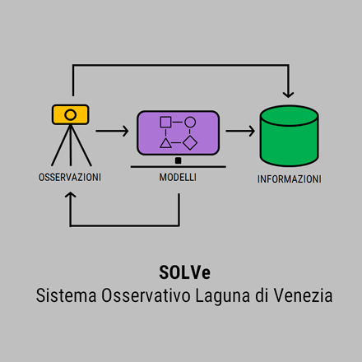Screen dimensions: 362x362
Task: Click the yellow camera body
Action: click(71, 114)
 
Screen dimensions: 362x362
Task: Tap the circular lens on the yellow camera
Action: click(71, 114)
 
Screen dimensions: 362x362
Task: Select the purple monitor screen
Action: click(179, 133)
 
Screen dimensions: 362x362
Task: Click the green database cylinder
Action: click(290, 136)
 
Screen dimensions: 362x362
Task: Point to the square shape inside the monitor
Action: click(165, 122)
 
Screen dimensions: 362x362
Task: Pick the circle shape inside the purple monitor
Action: click(190, 122)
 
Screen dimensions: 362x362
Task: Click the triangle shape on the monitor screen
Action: click(165, 143)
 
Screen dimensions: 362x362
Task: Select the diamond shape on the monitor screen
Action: click(190, 143)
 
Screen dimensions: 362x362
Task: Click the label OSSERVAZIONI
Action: click(70, 178)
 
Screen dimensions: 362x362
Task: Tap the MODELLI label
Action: click(178, 177)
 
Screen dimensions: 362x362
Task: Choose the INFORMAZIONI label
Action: click(290, 179)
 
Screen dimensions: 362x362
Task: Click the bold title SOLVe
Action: click(184, 272)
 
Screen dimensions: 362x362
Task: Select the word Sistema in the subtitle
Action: click(66, 295)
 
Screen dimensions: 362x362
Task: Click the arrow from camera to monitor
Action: click(112, 131)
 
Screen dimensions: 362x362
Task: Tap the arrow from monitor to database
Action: click(240, 131)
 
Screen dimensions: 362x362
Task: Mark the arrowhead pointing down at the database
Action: click(288, 95)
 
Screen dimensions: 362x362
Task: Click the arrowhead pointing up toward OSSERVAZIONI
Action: click(71, 194)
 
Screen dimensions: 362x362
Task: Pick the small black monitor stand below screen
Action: click(179, 160)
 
